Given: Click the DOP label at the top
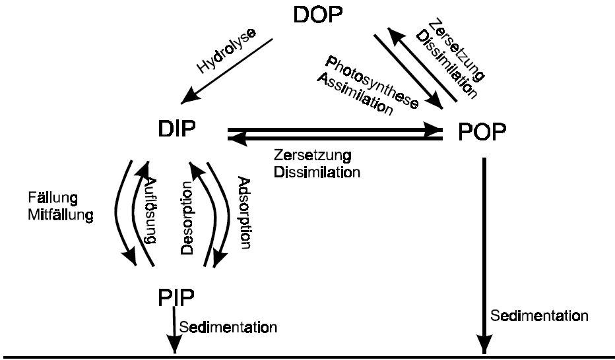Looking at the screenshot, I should pyautogui.click(x=321, y=15).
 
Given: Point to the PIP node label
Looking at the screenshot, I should pyautogui.click(x=176, y=297).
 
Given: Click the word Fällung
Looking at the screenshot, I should pyautogui.click(x=52, y=198).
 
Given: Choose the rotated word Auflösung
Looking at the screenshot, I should pyautogui.click(x=150, y=212).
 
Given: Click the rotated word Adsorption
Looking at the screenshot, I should pyautogui.click(x=245, y=212).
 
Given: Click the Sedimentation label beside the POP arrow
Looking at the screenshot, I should pyautogui.click(x=538, y=316).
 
